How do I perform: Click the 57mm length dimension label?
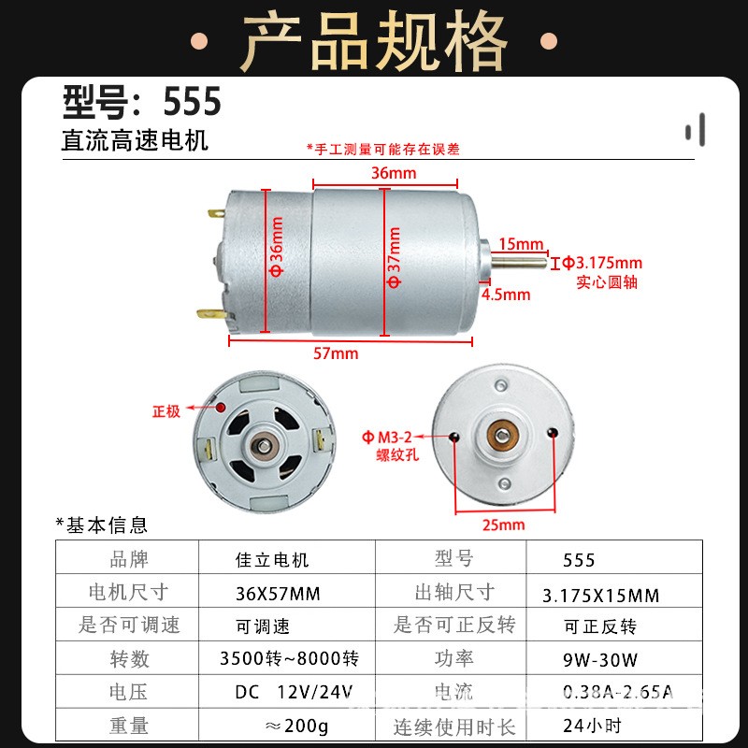coord(336,353)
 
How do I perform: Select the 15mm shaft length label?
coord(521,244)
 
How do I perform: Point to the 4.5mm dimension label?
coord(506,295)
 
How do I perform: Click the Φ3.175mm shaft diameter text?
coord(602,263)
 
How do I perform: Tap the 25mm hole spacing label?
coord(504,525)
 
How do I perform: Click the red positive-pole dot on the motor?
coord(221,408)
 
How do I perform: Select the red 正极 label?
coord(166,411)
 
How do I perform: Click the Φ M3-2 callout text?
coord(387,437)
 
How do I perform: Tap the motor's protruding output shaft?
coord(519,262)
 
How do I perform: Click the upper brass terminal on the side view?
coord(216,214)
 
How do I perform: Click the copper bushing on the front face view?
coord(502,435)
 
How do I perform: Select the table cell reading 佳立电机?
coord(272,559)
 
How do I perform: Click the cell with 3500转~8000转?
coord(289,658)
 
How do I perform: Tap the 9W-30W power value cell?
coord(599,660)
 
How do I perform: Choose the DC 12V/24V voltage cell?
coord(294,692)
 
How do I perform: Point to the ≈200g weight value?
coord(296,726)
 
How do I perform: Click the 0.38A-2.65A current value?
coord(618,692)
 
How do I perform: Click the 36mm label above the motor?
coord(394,173)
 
